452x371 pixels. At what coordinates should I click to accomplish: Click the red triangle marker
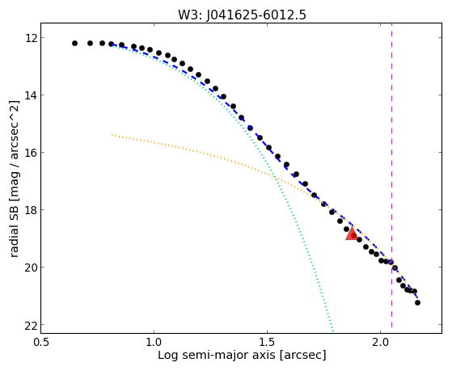tap(352, 234)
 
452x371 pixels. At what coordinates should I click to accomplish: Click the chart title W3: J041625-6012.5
tap(242, 15)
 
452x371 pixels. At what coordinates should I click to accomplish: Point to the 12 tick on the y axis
tap(31, 38)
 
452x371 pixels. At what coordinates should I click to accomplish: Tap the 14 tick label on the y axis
tap(31, 95)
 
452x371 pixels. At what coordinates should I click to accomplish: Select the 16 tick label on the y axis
tap(31, 153)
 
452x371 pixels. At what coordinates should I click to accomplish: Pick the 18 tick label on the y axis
tap(31, 210)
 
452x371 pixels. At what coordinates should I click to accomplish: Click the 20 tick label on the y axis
tap(31, 268)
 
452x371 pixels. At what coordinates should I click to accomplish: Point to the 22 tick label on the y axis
tap(31, 325)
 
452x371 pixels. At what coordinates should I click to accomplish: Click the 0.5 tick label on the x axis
tap(40, 343)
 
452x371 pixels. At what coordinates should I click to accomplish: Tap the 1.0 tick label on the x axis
tap(154, 343)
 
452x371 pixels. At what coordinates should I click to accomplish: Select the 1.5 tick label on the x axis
tap(267, 343)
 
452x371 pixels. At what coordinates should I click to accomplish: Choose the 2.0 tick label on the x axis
tap(381, 343)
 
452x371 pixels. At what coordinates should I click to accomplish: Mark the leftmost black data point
tap(74, 43)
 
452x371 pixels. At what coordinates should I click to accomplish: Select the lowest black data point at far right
tap(417, 302)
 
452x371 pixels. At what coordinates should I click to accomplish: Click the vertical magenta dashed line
tap(391, 175)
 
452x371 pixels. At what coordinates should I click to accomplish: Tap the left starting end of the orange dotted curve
tap(112, 135)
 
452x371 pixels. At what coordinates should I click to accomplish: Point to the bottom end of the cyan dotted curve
tap(333, 331)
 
